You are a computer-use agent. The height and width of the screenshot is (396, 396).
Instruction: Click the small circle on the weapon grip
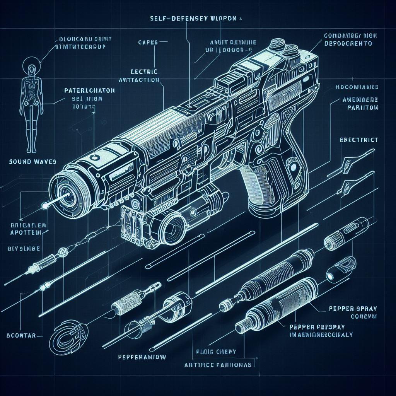[x=295, y=167]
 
